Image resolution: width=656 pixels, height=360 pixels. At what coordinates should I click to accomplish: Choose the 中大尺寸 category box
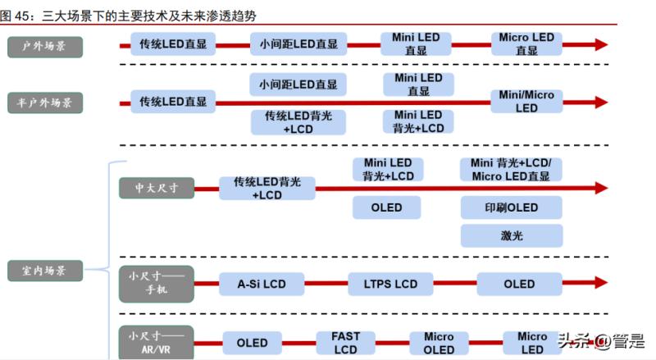pos(157,188)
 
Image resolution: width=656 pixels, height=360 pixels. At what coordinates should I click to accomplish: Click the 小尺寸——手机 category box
pos(156,284)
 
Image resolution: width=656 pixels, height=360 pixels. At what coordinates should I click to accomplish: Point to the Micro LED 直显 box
pos(526,43)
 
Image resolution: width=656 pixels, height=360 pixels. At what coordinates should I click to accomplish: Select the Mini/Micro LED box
pos(526,102)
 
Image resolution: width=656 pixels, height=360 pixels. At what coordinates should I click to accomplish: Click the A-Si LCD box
pos(262,284)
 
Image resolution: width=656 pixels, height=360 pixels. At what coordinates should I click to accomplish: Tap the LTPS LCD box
pos(390,284)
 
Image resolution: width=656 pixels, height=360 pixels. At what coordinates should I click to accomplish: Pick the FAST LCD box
pos(345,343)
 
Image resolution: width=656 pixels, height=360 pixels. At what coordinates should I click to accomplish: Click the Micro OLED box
pos(439,343)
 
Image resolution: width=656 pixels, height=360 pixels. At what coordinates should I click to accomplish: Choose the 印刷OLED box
pos(512,207)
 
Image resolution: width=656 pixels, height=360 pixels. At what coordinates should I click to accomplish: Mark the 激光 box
pos(512,235)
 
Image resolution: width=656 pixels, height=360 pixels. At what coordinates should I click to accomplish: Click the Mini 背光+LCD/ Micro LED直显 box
pos(512,170)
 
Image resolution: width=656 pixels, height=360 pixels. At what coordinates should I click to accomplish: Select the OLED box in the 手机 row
pos(519,284)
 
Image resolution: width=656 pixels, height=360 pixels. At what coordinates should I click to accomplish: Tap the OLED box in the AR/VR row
pos(252,343)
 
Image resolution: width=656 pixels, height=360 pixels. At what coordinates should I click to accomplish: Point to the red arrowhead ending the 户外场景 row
pos(601,44)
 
